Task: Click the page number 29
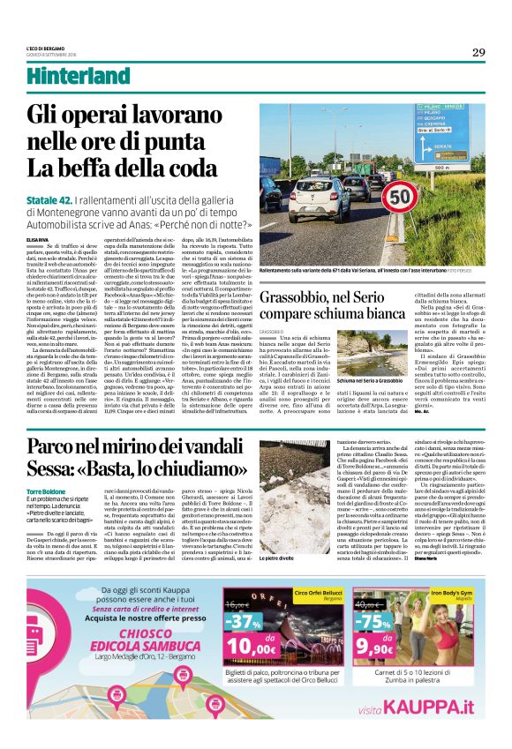pyautogui.click(x=478, y=52)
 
